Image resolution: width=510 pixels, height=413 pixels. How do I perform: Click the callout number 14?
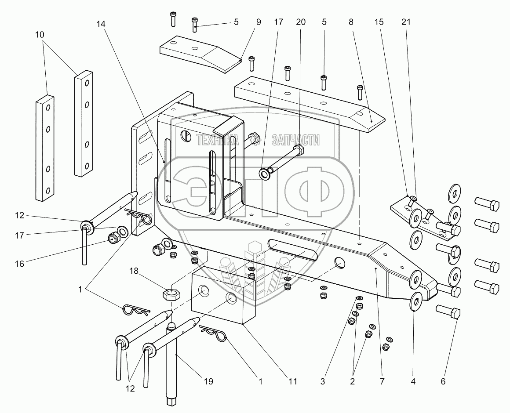(x=103, y=22)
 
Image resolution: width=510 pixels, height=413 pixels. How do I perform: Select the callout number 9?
(x=258, y=22)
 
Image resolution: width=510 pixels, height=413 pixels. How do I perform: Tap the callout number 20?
(x=301, y=22)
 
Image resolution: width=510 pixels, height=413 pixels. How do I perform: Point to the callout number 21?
(x=405, y=22)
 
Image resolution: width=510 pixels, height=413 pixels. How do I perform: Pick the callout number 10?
(x=46, y=34)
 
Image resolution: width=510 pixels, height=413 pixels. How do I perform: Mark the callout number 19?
(x=208, y=381)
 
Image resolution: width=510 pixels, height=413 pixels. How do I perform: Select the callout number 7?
(x=382, y=381)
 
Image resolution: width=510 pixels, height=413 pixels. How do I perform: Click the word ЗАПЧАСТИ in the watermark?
(x=295, y=140)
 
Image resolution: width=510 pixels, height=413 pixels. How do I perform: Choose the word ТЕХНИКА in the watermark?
(x=217, y=140)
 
